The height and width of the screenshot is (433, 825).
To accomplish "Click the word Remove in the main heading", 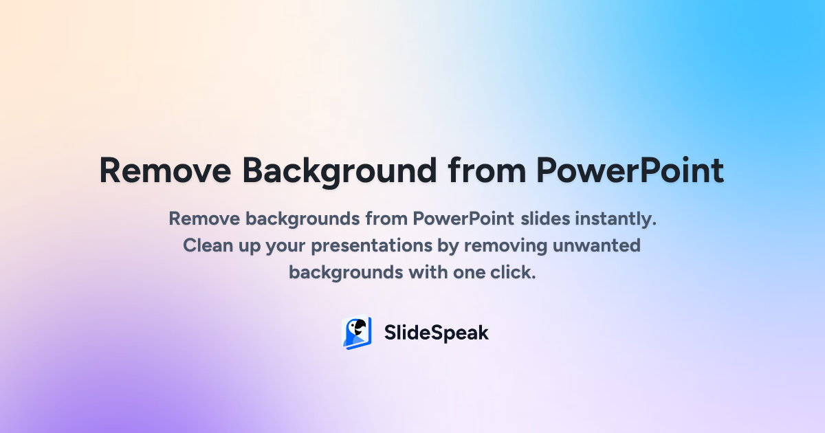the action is pos(165,170).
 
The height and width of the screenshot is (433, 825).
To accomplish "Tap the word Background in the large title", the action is pos(339,172).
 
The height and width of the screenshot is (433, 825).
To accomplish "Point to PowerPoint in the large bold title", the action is pos(630,170).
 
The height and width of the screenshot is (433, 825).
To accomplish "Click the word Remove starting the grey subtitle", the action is pos(204,219).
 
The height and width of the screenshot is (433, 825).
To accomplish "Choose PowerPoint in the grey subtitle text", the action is pos(463,219).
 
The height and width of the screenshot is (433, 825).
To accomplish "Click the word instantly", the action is pos(616,219).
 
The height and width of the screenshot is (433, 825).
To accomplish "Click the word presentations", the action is pos(372,247).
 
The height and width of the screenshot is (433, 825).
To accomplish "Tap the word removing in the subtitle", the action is pos(505,247).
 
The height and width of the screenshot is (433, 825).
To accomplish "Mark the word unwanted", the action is pos(597,246).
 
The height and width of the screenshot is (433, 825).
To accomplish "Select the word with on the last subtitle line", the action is pos(428,272).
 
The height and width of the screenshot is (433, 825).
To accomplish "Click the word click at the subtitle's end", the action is pos(513,272).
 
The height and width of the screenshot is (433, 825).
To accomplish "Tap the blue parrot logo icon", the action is pos(357,333).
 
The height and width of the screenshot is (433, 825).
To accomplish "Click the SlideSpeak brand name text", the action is pos(437,333).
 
